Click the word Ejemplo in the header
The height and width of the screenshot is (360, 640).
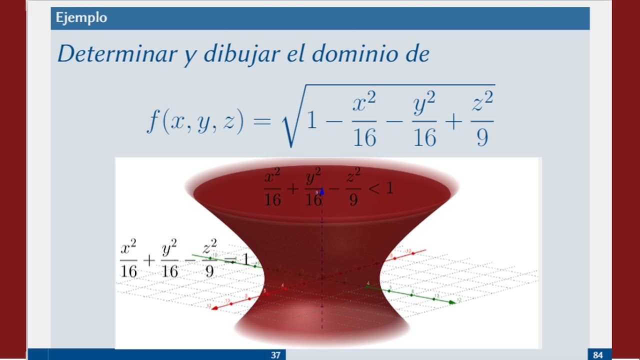(x=81, y=18)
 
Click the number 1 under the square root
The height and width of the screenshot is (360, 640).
(x=311, y=121)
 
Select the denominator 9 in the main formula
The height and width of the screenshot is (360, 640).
(x=481, y=136)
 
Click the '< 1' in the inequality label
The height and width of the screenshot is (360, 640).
(x=381, y=188)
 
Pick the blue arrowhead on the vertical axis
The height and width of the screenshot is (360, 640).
(x=322, y=191)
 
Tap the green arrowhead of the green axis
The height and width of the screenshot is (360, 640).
(x=453, y=302)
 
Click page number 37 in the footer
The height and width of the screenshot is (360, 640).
(x=275, y=355)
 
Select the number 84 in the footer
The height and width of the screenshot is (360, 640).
(x=598, y=355)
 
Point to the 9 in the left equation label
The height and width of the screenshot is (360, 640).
(x=209, y=271)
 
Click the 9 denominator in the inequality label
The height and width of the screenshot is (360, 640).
(x=353, y=200)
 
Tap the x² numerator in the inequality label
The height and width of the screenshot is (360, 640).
(x=273, y=176)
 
